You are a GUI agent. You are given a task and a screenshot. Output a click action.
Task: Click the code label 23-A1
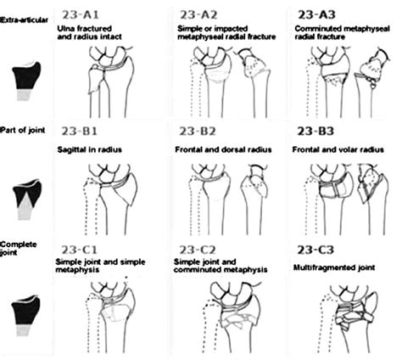[81, 14]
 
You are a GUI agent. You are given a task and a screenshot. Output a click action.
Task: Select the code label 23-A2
[198, 14]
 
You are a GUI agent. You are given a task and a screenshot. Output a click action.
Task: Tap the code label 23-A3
[316, 14]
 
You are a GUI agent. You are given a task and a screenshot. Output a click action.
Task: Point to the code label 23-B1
[80, 131]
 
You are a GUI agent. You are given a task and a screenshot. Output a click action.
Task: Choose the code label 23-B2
[198, 131]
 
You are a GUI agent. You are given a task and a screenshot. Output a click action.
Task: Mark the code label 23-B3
[315, 131]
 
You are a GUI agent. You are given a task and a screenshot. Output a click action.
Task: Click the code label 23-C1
[80, 250]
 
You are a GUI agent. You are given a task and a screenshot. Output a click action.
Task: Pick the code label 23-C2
[198, 250]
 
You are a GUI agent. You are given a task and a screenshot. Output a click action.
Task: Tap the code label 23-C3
[315, 250]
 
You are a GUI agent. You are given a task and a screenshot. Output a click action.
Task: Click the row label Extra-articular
[25, 20]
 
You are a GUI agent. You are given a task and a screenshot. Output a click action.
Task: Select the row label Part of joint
[23, 130]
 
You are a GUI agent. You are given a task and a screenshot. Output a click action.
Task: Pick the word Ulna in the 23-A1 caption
[64, 29]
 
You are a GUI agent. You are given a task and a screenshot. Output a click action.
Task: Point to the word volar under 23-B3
[350, 149]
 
